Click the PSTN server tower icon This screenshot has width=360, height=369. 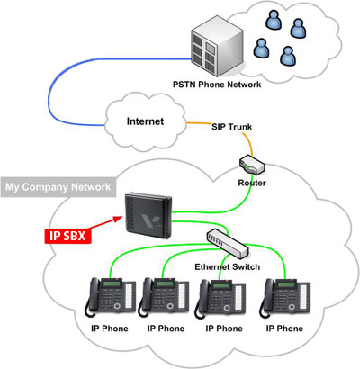pos(218,46)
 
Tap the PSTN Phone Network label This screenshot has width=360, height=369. pos(217,85)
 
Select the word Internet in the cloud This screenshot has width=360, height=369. pos(145,121)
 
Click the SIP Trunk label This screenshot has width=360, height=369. pos(232,127)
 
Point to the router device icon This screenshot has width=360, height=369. pos(252,165)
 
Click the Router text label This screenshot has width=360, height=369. pos(252,183)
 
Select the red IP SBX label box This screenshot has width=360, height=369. pos(67,236)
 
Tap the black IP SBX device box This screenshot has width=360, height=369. pos(148,215)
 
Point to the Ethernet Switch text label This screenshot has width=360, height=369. pos(228,266)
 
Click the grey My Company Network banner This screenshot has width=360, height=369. pos(58,187)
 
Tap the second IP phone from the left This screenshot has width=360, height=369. pos(164,297)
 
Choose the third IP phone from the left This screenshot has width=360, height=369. pos(220,299)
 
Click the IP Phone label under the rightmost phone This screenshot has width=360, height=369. pos(284,328)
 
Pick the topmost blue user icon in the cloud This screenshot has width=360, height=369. pos(274,20)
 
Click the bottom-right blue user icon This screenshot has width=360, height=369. pos(288,56)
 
